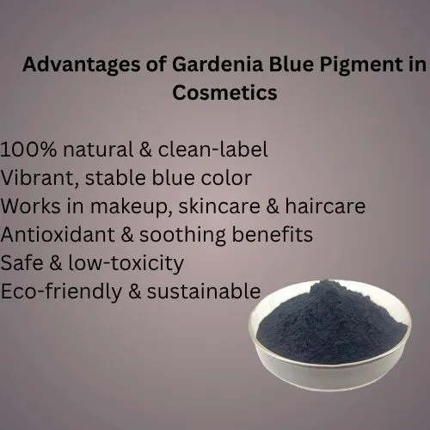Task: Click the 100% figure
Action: [28, 150]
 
